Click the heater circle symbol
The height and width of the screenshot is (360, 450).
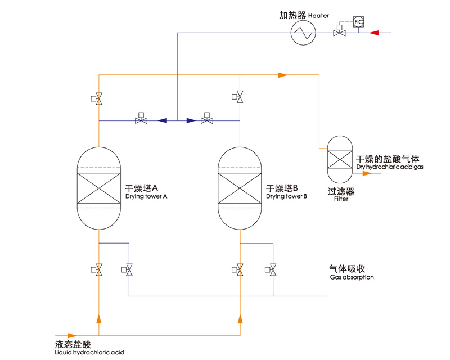point(304,33)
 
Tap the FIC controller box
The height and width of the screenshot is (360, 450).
point(358,22)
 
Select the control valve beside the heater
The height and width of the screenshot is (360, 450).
point(339,33)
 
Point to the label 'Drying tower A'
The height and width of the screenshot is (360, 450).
point(146,197)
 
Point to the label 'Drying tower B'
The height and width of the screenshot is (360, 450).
point(286,197)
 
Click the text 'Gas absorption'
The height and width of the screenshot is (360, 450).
point(352,277)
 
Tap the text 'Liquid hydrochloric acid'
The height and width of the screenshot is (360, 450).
point(89,352)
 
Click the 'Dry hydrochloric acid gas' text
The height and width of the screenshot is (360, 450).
point(390,167)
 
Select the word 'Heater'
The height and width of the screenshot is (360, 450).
point(318,16)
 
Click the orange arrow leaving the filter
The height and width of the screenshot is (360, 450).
point(366,173)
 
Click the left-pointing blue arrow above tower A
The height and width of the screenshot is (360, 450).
point(163,120)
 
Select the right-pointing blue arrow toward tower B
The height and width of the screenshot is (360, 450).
point(191,120)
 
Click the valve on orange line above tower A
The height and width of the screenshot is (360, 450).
point(99,98)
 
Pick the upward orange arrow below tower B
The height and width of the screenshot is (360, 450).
point(241,319)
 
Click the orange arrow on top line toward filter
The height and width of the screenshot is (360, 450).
point(283,74)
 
